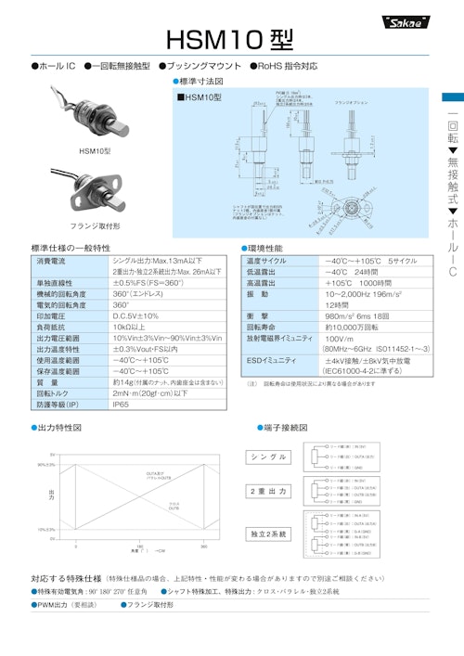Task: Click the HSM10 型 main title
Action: (230, 40)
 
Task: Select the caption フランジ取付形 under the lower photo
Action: (95, 225)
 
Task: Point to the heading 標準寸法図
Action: (196, 82)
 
